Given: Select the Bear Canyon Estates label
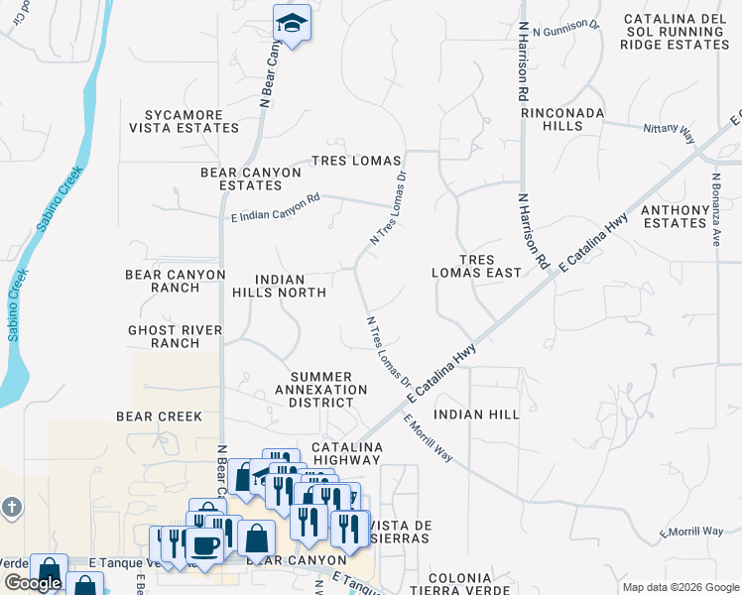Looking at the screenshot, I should (x=251, y=178).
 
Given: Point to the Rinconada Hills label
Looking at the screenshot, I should (x=562, y=120).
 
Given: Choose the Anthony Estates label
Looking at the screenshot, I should (x=687, y=216).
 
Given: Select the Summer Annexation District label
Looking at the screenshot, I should (x=321, y=383).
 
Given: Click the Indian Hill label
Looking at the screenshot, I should (x=477, y=415).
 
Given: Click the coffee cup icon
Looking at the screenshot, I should (x=205, y=544).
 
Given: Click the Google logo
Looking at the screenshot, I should (x=33, y=583).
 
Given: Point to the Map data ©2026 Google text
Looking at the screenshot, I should (x=680, y=587).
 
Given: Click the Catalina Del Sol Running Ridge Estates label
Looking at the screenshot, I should (x=677, y=32).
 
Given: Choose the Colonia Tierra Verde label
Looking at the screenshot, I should (x=460, y=584).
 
